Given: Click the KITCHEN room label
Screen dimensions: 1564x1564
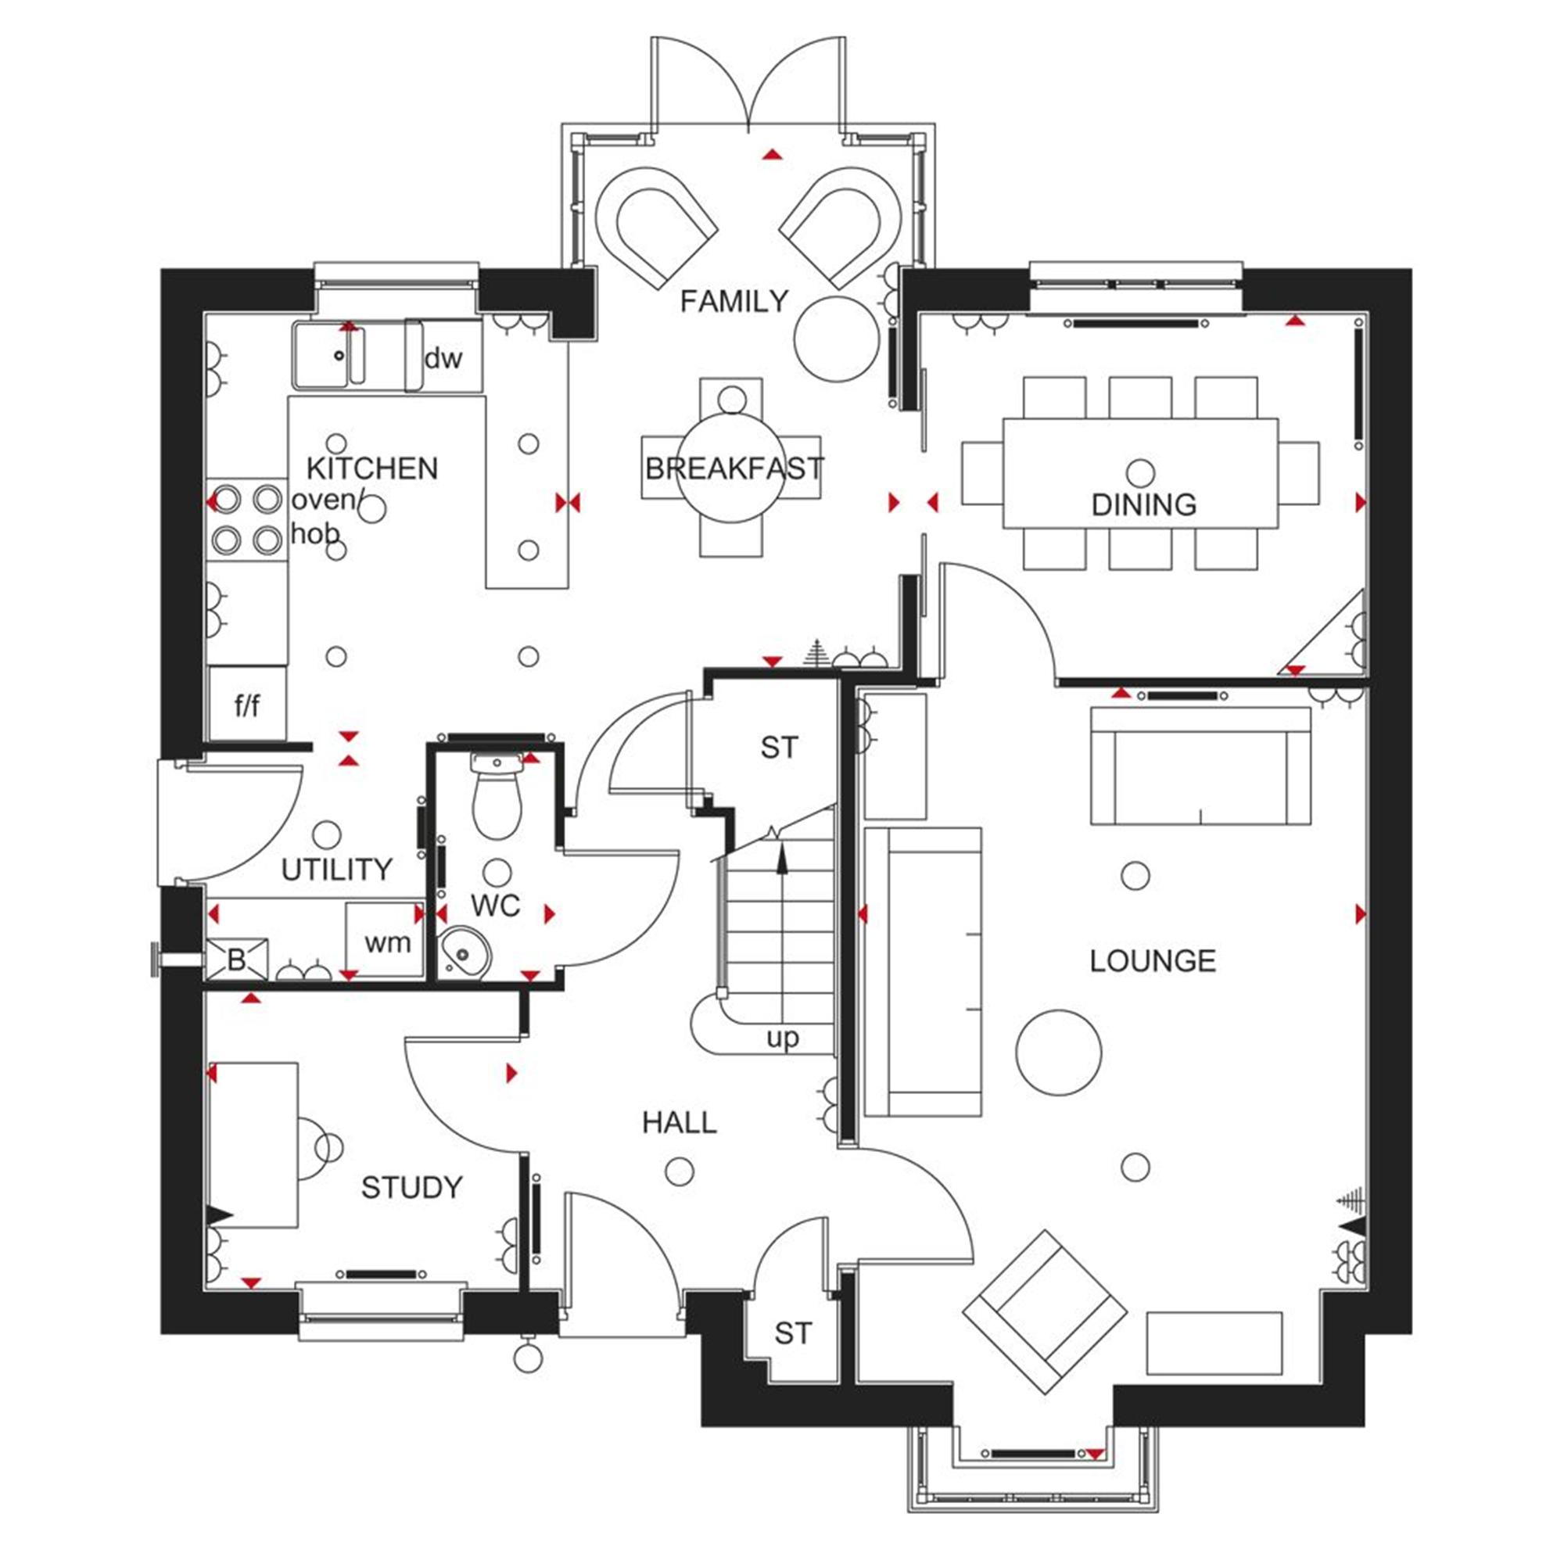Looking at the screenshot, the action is pyautogui.click(x=372, y=468).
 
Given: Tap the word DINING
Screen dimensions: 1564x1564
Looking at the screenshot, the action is pyautogui.click(x=1143, y=505).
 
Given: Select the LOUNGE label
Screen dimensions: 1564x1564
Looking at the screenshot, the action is pyautogui.click(x=1152, y=961).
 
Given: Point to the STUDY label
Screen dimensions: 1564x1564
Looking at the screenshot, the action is pyautogui.click(x=411, y=1188).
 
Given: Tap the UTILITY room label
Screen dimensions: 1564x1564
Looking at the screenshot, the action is pyautogui.click(x=337, y=870).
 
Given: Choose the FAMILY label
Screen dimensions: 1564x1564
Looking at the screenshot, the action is pyautogui.click(x=734, y=302).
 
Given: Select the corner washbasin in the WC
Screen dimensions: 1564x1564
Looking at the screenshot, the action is pyautogui.click(x=465, y=952).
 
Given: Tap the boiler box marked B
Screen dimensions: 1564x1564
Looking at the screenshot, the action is pyautogui.click(x=236, y=960).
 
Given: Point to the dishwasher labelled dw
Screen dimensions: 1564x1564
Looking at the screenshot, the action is pyautogui.click(x=443, y=358).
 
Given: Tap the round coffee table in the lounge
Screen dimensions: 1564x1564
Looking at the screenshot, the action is pyautogui.click(x=1058, y=1053).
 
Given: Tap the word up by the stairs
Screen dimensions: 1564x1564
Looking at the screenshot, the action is pyautogui.click(x=783, y=1038).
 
